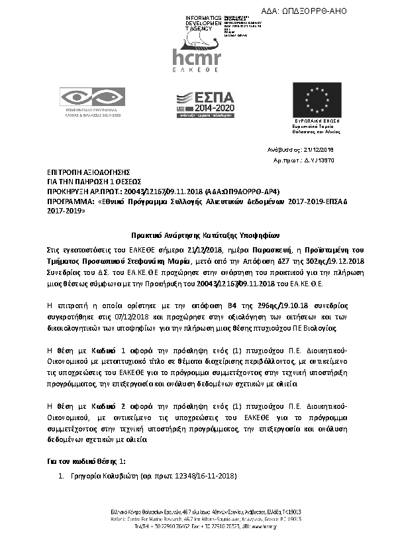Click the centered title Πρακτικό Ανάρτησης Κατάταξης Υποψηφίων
point(197,235)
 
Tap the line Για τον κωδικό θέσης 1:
point(87,461)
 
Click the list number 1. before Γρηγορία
point(60,476)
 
